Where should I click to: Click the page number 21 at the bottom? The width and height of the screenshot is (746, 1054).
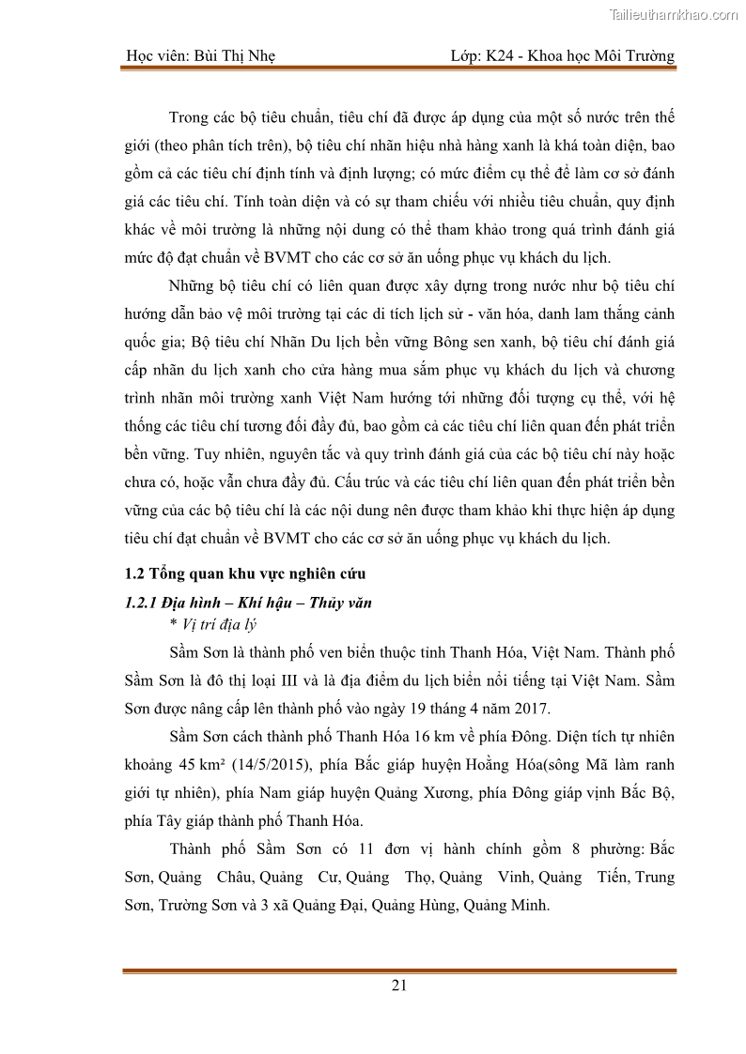[x=398, y=985]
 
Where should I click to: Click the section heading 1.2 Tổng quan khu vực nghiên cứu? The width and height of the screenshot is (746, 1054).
[x=245, y=574]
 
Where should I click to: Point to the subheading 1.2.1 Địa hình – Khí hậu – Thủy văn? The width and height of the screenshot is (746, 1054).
[x=248, y=603]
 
